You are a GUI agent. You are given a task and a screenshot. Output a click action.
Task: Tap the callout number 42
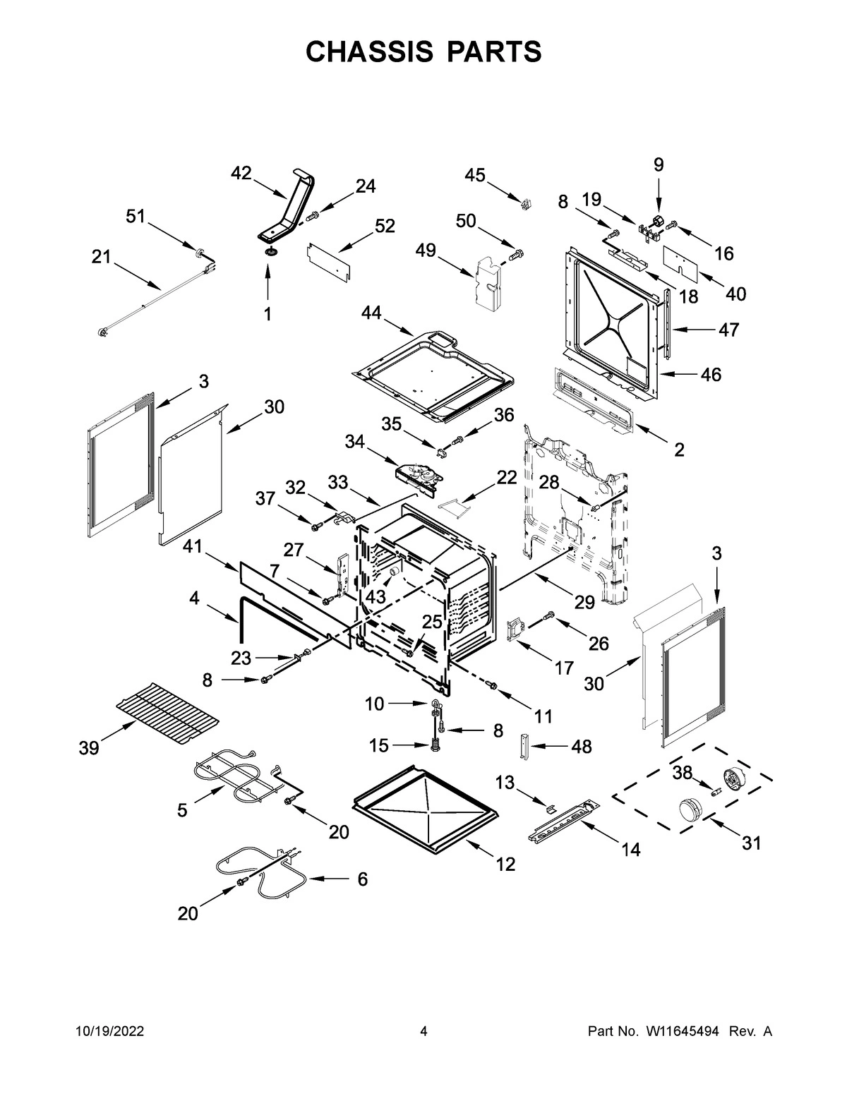click(241, 173)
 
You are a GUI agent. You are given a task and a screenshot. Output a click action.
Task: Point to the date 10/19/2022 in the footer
click(109, 1032)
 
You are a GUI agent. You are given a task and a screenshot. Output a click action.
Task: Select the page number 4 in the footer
click(423, 1032)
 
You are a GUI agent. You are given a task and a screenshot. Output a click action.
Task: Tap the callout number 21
click(101, 257)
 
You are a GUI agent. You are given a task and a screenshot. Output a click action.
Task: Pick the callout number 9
click(658, 164)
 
